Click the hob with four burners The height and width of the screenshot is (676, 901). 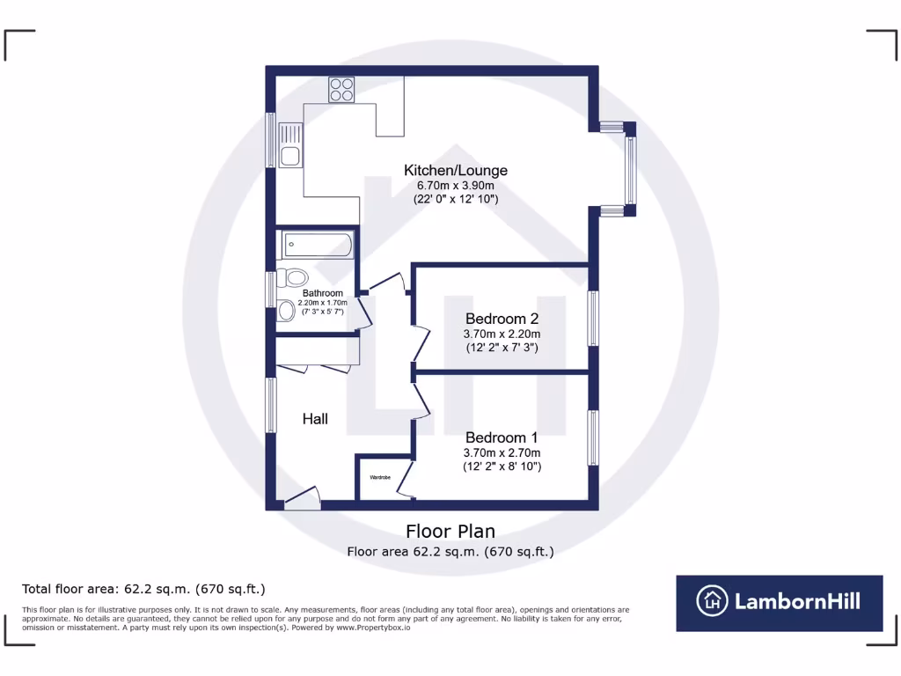pos(341,89)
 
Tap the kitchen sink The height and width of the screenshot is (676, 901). pos(289,146)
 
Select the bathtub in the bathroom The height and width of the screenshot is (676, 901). pos(317,245)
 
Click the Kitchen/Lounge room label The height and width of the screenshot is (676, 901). pos(455,170)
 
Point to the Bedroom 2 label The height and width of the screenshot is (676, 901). pos(502,319)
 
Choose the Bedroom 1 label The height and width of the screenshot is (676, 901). pos(502,437)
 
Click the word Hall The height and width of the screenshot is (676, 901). pos(315,419)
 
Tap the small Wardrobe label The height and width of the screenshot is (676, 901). pos(380,477)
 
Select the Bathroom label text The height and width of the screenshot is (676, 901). pos(322,293)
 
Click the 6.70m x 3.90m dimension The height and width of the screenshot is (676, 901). pos(455,186)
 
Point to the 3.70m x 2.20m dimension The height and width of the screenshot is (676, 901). pos(502,334)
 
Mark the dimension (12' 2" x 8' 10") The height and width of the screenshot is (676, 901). pos(502,467)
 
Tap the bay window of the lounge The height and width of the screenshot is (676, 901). pos(630,168)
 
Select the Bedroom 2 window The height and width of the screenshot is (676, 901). pos(594,318)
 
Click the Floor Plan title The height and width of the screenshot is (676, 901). pos(450,532)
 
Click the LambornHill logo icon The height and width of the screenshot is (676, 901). pos(712,603)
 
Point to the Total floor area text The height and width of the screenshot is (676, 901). pos(143,589)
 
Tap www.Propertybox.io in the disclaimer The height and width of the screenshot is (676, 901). pos(373,628)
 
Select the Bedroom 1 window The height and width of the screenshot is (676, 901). pos(594,437)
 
